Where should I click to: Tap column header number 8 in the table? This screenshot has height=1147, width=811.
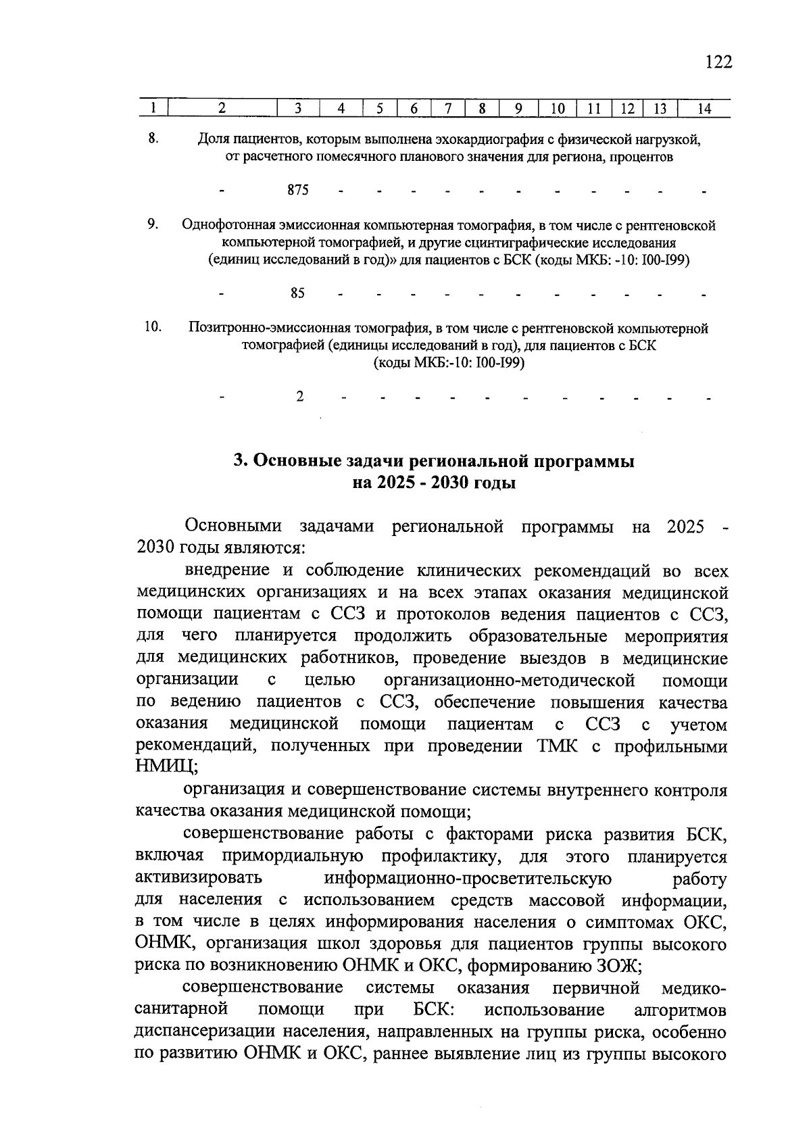coord(482,108)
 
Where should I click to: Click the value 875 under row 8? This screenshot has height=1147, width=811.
coord(298,191)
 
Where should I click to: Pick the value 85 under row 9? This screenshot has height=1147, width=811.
coord(297,293)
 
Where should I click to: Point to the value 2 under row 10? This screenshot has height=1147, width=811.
coord(299,396)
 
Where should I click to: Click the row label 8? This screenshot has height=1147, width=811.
coord(153,139)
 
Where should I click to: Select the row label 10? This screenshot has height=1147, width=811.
coord(153,327)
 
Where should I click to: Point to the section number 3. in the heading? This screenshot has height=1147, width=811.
coord(241,462)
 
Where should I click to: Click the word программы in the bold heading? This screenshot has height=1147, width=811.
coord(585,462)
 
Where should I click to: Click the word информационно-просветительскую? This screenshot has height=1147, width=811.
coord(468,879)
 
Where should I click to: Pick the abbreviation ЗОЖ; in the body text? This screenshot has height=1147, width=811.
coord(618,967)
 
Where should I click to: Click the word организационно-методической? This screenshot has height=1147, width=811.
coord(509,680)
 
